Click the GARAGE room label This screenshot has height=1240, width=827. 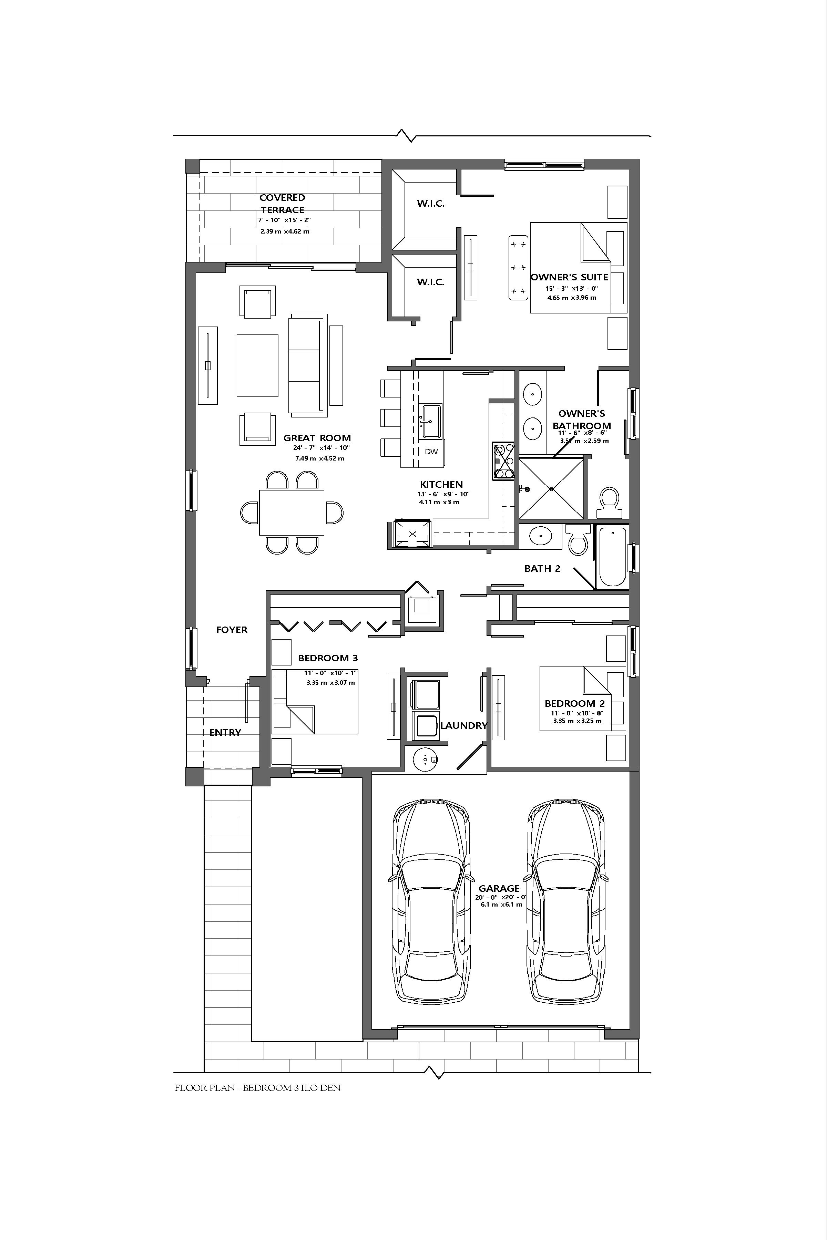coord(499,888)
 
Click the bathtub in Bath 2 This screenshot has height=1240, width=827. coord(612,557)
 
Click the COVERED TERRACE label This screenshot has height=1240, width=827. coord(282,204)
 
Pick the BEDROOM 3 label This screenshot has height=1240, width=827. coord(328,658)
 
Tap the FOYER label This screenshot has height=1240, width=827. coord(232,630)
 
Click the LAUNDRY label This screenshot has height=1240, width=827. coord(463,725)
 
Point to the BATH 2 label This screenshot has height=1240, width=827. coord(542,568)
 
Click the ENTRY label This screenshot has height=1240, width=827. coord(225,732)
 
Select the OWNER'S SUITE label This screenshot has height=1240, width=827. coord(570,277)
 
